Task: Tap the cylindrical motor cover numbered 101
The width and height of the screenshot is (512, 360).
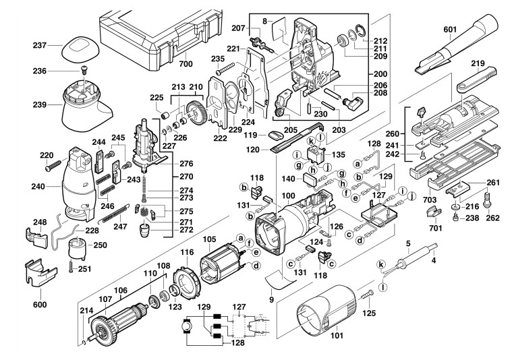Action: coord(328,311)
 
